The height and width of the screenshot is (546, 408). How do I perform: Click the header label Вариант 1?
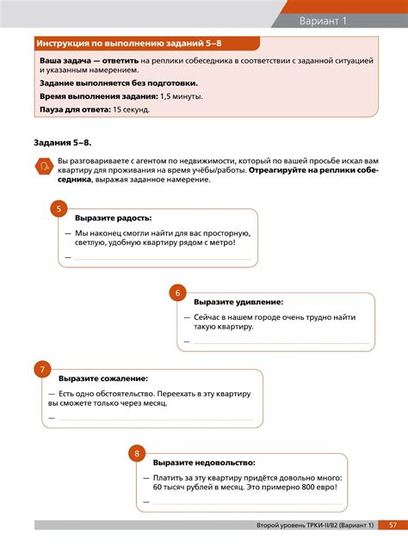(323, 20)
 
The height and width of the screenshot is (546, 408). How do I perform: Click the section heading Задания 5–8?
(63, 142)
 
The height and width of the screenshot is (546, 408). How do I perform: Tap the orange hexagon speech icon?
(42, 167)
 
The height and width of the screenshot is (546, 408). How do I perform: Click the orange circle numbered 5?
(59, 209)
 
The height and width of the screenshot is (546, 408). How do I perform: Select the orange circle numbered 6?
(177, 293)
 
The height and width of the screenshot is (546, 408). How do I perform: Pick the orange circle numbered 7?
(41, 370)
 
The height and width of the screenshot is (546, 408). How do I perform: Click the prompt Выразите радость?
(113, 218)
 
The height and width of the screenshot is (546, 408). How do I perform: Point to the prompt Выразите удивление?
(238, 303)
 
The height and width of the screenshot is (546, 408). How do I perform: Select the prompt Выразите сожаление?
(103, 378)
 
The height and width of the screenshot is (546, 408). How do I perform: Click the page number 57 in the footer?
(393, 525)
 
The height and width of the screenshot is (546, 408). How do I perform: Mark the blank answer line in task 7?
(156, 419)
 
